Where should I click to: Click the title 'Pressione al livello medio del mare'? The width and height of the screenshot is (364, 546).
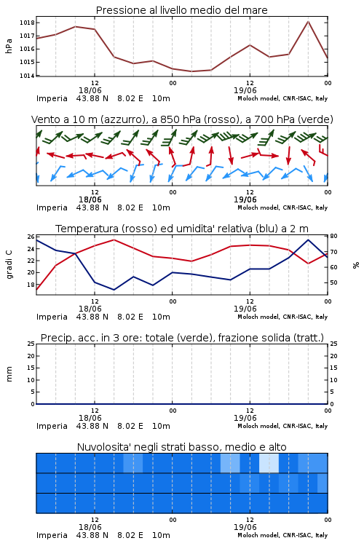tap(181, 10)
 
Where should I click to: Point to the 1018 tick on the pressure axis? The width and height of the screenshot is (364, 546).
tap(27, 23)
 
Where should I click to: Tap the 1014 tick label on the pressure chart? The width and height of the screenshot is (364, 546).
tap(27, 76)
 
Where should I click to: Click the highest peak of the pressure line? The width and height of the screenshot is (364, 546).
tap(308, 21)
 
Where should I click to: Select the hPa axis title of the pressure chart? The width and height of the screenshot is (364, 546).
tap(9, 46)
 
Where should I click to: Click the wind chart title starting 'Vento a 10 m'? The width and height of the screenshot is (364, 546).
tap(182, 119)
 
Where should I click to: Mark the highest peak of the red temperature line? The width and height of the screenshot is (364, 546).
tap(114, 240)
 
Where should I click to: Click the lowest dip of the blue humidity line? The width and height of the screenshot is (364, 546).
tap(114, 290)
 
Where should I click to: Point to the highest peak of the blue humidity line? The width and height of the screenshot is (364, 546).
tap(308, 240)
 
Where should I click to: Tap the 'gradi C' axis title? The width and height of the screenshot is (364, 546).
tap(9, 264)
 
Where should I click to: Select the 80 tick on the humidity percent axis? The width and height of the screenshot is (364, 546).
tap(333, 236)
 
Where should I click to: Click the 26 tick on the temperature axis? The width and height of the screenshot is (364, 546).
tap(31, 237)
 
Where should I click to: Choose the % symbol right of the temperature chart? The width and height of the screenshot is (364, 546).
tap(356, 265)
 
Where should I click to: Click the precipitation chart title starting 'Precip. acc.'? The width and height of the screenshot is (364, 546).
tap(182, 338)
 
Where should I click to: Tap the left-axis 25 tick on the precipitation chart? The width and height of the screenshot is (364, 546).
tap(31, 344)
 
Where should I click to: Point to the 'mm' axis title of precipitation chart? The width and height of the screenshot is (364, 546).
tap(9, 373)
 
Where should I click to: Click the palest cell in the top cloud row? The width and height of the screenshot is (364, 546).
tap(269, 463)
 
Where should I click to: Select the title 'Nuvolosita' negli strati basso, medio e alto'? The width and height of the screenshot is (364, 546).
tap(181, 447)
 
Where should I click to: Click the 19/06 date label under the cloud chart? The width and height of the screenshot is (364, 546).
tap(245, 527)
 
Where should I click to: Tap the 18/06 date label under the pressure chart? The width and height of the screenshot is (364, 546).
tap(90, 90)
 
